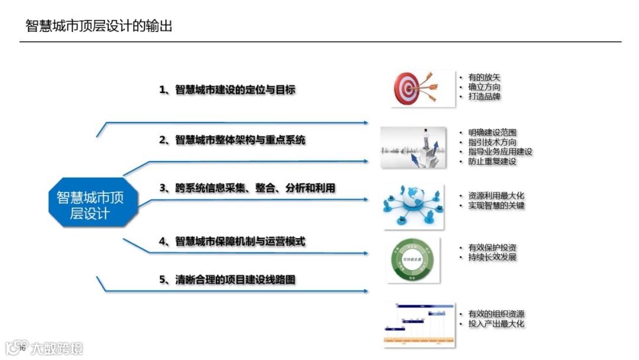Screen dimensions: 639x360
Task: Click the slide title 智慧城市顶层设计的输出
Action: point(99,26)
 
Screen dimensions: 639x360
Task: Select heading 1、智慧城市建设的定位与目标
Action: point(227,90)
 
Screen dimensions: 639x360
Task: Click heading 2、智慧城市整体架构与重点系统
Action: point(232,140)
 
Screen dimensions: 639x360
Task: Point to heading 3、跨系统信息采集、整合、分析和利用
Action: point(247,188)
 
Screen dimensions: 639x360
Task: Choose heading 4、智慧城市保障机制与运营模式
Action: point(232,242)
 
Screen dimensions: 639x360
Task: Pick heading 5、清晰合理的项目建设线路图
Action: point(227,280)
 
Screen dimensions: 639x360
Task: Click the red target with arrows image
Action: point(422,89)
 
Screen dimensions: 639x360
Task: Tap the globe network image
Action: point(412,205)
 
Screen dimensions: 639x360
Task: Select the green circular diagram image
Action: point(413,260)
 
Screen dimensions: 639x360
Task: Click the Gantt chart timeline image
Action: point(419,323)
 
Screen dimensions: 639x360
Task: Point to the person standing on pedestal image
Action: point(414,147)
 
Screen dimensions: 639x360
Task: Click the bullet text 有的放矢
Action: point(485,78)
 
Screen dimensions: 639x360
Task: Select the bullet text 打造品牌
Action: point(485,96)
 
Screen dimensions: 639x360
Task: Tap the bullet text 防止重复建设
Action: point(492,161)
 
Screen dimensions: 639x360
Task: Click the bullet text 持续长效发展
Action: point(492,257)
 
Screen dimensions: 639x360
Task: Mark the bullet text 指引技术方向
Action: point(492,142)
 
